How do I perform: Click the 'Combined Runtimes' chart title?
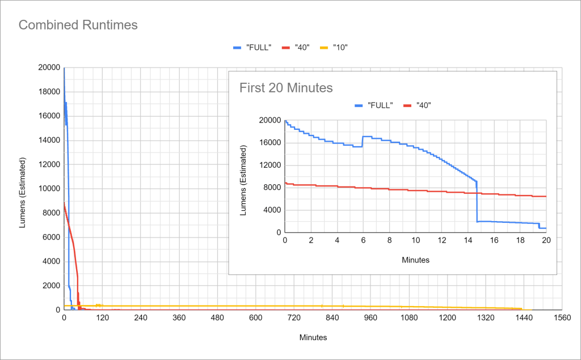(x=78, y=25)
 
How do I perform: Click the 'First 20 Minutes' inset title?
(x=286, y=88)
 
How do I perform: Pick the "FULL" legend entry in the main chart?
(x=252, y=47)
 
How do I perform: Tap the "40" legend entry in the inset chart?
(x=420, y=105)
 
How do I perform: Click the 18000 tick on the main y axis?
(x=48, y=92)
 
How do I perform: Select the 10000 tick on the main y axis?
(x=48, y=189)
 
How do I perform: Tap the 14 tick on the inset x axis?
(x=468, y=240)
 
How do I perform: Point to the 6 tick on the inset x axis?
(x=363, y=240)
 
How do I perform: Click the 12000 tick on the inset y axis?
(x=270, y=165)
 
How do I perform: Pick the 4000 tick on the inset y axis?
(x=272, y=210)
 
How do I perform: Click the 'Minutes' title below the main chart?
(x=313, y=337)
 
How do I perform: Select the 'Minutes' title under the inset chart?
(x=416, y=260)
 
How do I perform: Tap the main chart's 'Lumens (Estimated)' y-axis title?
(x=23, y=189)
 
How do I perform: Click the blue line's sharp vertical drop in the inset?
(x=477, y=201)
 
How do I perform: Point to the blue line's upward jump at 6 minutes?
(x=363, y=141)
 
